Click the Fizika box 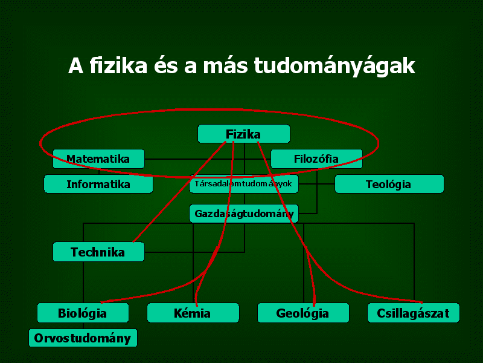(x=244, y=134)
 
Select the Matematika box (x=98, y=159)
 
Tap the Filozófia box (x=316, y=159)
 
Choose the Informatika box (x=98, y=184)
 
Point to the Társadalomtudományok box (x=244, y=184)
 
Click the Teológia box (x=389, y=184)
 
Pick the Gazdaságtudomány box (x=244, y=214)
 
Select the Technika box (x=98, y=252)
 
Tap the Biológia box (x=83, y=313)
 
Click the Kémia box (x=193, y=313)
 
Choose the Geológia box (x=303, y=313)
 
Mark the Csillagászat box (x=414, y=313)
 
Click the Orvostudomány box (x=83, y=338)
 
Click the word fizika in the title (x=118, y=65)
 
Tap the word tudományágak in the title (x=334, y=67)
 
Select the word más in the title (x=225, y=65)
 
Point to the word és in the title (x=165, y=65)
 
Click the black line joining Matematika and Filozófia (x=208, y=159)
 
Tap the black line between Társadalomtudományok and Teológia (x=316, y=184)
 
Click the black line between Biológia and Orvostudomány (x=83, y=325)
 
